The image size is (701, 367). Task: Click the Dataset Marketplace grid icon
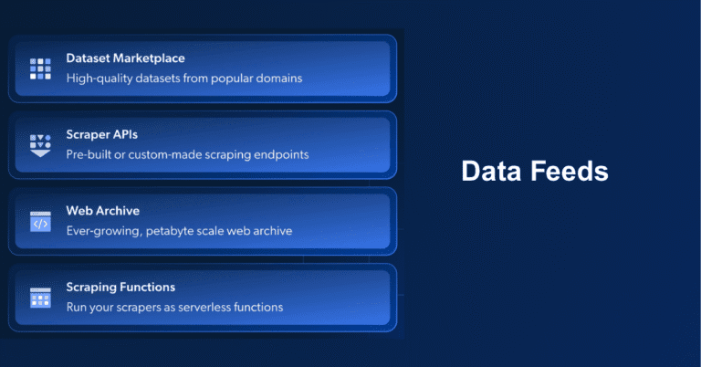pyautogui.click(x=40, y=68)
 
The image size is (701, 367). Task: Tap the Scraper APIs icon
pyautogui.click(x=40, y=144)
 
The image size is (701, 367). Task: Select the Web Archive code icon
pyautogui.click(x=40, y=221)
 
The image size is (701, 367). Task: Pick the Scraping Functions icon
pyautogui.click(x=40, y=298)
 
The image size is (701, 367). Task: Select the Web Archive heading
pyautogui.click(x=102, y=212)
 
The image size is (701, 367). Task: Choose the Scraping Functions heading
pyautogui.click(x=120, y=288)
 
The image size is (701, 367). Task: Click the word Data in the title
pyautogui.click(x=491, y=172)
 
